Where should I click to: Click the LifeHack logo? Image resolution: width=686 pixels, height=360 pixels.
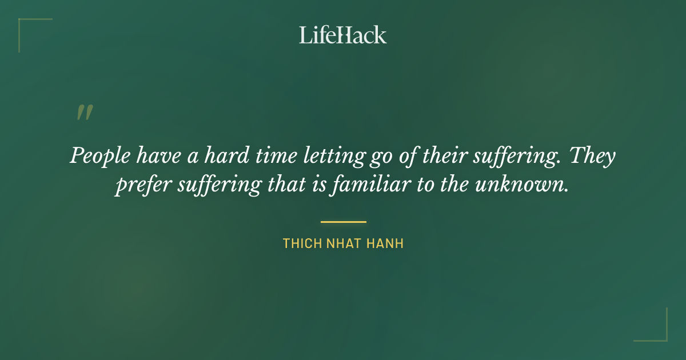point(343,35)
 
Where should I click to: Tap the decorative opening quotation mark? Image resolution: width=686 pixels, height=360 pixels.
point(84,112)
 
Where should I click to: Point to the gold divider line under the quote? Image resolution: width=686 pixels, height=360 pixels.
point(343,222)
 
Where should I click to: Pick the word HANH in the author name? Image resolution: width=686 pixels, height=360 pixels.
point(385,244)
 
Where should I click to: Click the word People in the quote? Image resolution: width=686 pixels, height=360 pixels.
point(99,156)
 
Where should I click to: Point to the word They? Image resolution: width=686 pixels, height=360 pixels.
point(592,155)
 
